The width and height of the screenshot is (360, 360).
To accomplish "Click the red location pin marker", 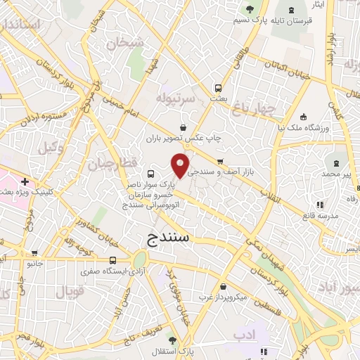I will point(181,165).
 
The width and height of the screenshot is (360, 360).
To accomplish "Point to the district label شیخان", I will point(125,44).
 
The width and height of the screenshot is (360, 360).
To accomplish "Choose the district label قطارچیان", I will point(108,165).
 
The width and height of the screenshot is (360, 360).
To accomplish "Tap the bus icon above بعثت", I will point(219,89).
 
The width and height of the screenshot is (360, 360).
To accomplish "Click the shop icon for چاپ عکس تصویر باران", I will point(184,127).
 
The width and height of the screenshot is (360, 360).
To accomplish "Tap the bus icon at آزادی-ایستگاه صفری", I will point(113,260).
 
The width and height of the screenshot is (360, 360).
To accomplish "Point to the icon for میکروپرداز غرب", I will point(224,287).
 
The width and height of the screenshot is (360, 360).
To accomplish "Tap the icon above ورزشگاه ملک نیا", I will point(303,117).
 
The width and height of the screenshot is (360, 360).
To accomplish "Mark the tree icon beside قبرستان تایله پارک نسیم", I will point(250,9).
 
